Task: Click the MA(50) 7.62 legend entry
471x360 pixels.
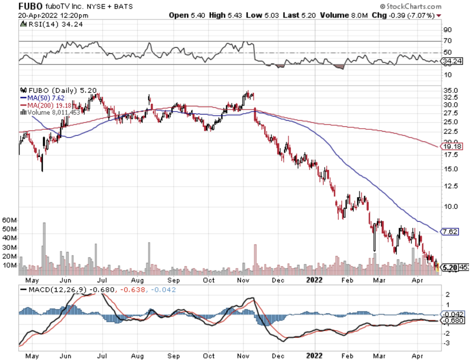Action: click(x=42, y=98)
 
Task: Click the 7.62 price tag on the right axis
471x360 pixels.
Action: click(x=449, y=232)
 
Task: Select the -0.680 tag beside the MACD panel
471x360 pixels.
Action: click(x=449, y=320)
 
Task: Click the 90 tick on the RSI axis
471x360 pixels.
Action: click(x=447, y=30)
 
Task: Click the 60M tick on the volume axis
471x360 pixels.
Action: click(x=10, y=220)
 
